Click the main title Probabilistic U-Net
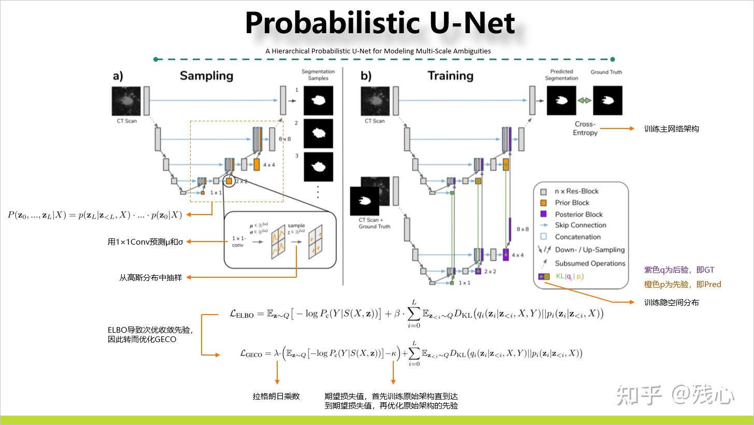pos(380,23)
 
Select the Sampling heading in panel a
pos(206,76)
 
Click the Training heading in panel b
pos(450,76)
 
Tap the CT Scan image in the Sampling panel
pos(126,101)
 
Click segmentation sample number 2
pos(318,133)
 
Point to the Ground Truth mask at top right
pos(607,101)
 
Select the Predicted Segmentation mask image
pos(561,101)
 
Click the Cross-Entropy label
pos(585,129)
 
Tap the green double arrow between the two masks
pos(585,101)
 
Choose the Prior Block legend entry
pos(572,203)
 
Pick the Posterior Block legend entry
pos(578,214)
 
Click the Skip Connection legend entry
pos(580,225)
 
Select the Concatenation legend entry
pos(577,237)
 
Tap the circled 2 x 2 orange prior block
pos(229,181)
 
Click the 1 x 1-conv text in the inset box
pos(237,241)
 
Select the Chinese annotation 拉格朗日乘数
pos(276,396)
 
